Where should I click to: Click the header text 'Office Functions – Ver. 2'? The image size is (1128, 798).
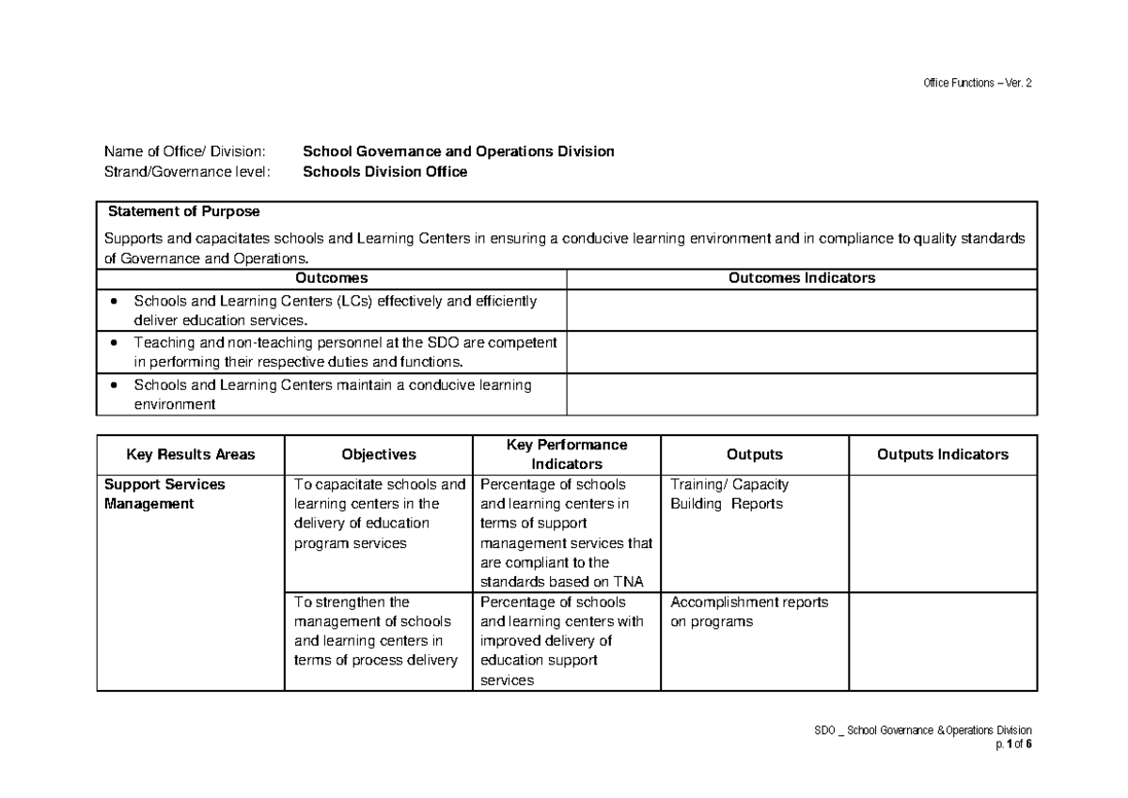click(x=977, y=83)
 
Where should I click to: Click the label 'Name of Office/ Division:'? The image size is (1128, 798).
click(x=185, y=151)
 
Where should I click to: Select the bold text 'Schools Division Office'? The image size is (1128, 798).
click(x=384, y=172)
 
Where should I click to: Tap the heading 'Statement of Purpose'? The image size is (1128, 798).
click(x=184, y=211)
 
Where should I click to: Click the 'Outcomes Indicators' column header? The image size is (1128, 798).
click(x=802, y=278)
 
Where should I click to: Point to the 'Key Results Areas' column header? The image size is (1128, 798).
click(x=191, y=455)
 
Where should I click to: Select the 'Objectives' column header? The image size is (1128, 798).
click(x=378, y=455)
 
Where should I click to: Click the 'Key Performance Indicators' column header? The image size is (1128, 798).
click(x=566, y=455)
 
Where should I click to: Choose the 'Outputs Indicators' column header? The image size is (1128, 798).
click(x=942, y=455)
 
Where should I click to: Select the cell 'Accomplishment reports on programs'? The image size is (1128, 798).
click(x=748, y=612)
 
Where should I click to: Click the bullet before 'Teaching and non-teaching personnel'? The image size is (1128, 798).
click(x=115, y=343)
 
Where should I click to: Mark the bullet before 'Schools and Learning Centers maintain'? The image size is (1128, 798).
click(x=115, y=385)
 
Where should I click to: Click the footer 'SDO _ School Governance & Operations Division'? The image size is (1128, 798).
click(x=923, y=730)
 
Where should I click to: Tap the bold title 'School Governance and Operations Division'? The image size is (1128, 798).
click(x=458, y=151)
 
